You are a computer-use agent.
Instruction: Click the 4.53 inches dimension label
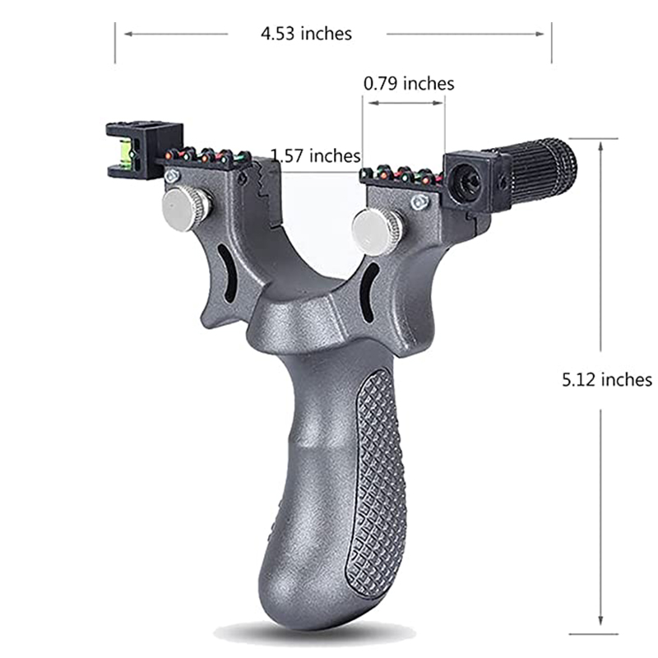306,34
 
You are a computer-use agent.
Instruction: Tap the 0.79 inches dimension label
409,84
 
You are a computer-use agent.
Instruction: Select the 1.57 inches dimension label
316,155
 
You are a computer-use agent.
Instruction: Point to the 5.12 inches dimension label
607,380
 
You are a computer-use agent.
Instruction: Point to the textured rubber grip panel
376,483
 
